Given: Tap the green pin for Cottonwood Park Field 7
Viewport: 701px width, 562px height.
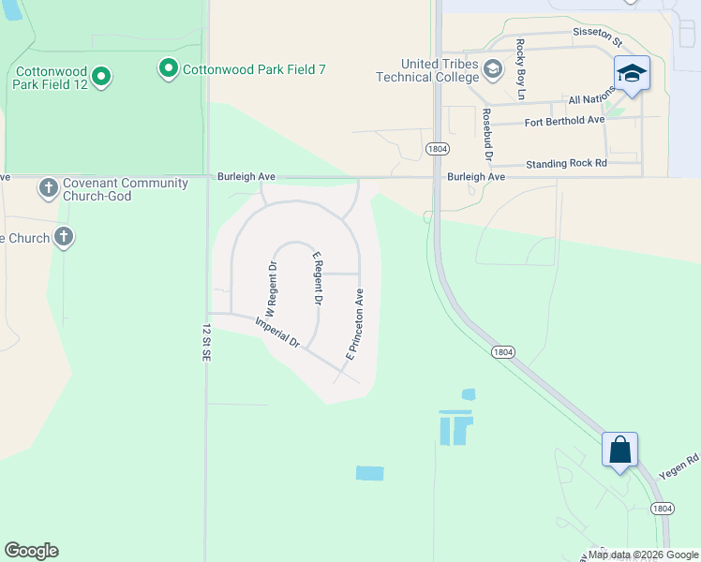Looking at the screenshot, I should [x=169, y=67].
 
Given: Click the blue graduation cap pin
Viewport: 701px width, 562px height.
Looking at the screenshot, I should [x=633, y=73].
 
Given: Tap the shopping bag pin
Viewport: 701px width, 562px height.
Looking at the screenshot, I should [x=619, y=450].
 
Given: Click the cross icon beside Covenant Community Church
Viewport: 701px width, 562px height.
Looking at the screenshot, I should [x=49, y=188].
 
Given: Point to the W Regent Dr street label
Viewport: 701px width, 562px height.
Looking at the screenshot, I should [x=271, y=287].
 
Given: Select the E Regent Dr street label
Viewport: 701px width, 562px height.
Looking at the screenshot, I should [x=318, y=279].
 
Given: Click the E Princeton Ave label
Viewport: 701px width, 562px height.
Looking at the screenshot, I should [x=355, y=324].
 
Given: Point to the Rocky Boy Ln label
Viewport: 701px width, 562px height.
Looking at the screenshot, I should [x=521, y=69].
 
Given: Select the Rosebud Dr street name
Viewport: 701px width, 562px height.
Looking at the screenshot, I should [x=487, y=132].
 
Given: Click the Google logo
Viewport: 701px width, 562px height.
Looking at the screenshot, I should [x=31, y=551].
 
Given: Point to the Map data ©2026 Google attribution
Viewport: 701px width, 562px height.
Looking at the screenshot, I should [x=643, y=555].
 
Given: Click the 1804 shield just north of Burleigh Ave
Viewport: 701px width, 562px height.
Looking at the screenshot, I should [x=436, y=149].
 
